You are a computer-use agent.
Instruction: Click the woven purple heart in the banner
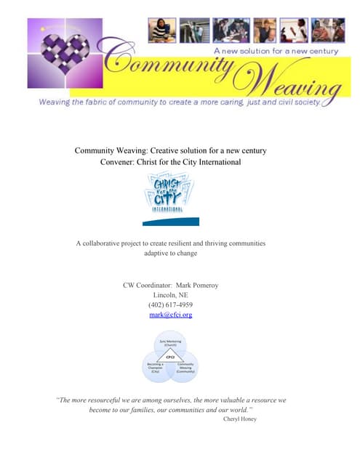[x=68, y=60]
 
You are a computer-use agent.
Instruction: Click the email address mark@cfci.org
[x=169, y=315]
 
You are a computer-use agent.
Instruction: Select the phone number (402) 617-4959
[x=169, y=304]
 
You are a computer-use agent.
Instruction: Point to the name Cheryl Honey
[x=240, y=418]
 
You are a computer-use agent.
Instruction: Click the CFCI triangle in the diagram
[x=170, y=357]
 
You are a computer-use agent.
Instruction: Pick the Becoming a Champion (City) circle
[x=155, y=367]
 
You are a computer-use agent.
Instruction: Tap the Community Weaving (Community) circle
[x=185, y=367]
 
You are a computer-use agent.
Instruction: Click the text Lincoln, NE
[x=169, y=294]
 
